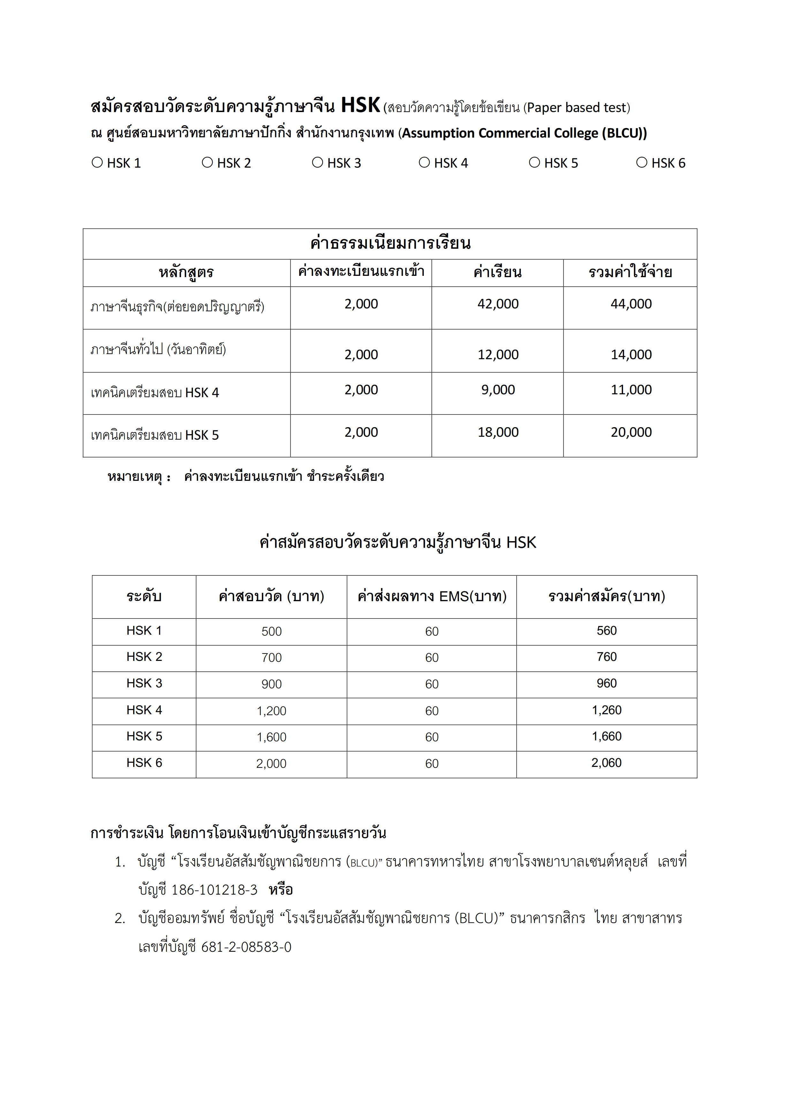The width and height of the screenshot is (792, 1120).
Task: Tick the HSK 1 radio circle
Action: coord(97,163)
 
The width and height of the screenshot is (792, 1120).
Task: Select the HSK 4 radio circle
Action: coord(424,163)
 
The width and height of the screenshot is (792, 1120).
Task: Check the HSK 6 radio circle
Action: coord(642,163)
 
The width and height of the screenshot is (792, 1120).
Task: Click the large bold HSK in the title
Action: coord(360,105)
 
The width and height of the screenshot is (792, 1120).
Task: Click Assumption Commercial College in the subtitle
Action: coord(500,133)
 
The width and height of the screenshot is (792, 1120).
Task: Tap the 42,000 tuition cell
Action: coord(498,304)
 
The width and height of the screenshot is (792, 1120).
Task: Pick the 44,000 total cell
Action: coord(631,304)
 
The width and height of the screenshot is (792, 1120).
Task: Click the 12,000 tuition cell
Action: coord(498,355)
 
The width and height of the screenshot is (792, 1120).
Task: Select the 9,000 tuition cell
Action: coord(498,390)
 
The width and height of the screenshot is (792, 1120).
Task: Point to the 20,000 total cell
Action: coord(631,432)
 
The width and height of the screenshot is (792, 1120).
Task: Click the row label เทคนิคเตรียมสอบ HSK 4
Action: coord(155,393)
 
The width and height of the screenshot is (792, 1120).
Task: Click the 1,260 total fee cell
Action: coord(606,710)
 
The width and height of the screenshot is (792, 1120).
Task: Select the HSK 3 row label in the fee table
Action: coord(144,684)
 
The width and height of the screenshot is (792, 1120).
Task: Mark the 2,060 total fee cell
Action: coord(606,763)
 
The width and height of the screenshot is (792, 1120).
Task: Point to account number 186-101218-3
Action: coord(214,890)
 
